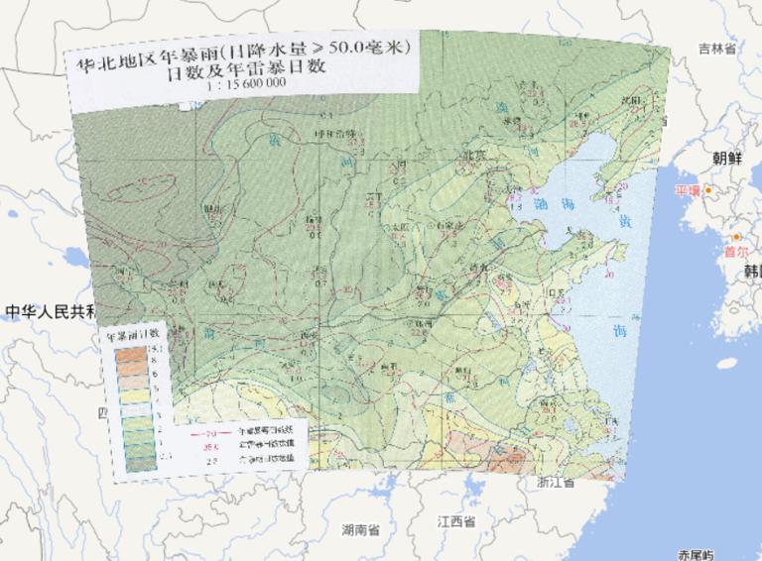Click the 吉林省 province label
click(716, 48)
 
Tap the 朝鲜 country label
click(726, 159)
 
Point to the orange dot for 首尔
click(736, 237)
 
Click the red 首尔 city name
click(735, 252)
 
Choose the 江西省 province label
click(456, 521)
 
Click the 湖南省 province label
click(359, 529)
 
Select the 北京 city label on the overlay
click(474, 155)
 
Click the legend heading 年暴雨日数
click(133, 335)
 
